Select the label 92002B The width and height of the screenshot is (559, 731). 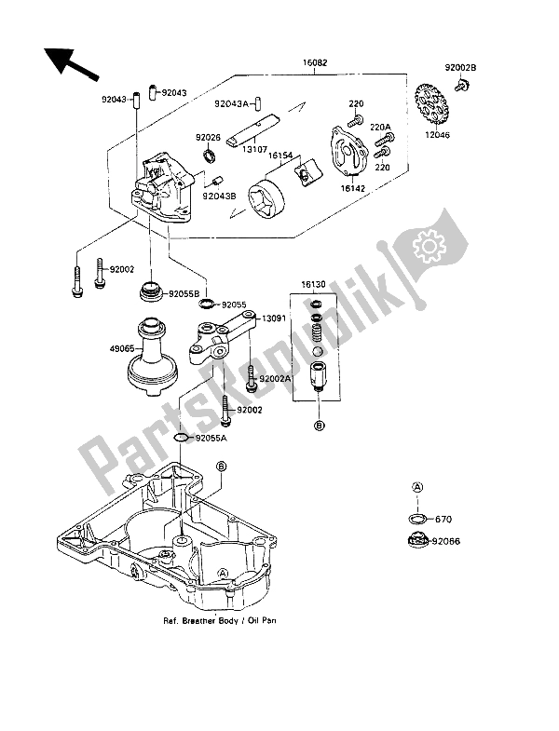coord(460,67)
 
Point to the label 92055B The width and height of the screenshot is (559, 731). coord(184,293)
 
